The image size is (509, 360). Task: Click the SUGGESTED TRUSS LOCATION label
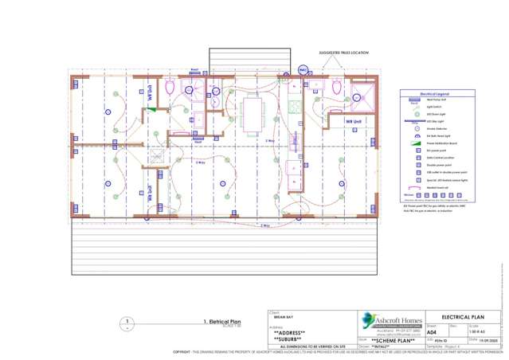(x=344, y=53)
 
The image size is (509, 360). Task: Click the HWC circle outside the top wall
(x=303, y=70)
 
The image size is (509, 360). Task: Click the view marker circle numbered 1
(x=127, y=323)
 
